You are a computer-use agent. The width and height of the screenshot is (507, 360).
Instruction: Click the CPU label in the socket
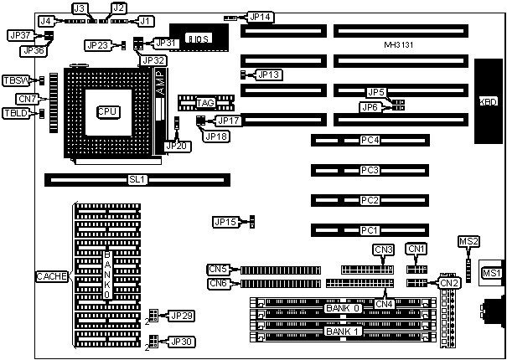pos(108,111)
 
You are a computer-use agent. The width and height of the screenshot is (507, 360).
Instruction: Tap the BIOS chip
pos(198,39)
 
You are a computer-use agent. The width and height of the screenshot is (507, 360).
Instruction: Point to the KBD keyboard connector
pos(489,101)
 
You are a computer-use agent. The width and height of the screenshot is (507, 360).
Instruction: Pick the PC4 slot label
pos(370,140)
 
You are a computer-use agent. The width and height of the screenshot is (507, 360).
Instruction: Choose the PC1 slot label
pos(370,229)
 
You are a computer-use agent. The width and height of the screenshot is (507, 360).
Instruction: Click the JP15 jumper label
pos(225,222)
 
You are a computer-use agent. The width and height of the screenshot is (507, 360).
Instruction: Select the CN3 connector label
pos(384,249)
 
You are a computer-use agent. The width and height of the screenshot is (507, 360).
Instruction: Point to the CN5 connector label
pos(219,269)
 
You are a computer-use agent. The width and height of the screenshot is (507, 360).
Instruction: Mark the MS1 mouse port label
pos(491,273)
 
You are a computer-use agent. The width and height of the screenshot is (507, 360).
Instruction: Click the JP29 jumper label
pos(182,315)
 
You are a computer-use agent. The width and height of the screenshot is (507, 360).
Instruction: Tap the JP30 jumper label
pos(182,341)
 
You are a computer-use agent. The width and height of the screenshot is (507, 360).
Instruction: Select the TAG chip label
pos(206,103)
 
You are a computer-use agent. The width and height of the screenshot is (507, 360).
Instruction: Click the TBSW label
pos(15,80)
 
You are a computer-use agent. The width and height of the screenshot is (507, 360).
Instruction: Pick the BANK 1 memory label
pos(344,331)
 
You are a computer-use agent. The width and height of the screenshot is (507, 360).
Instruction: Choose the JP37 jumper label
pos(19,35)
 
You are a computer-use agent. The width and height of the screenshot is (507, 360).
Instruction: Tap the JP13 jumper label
pos(269,75)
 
